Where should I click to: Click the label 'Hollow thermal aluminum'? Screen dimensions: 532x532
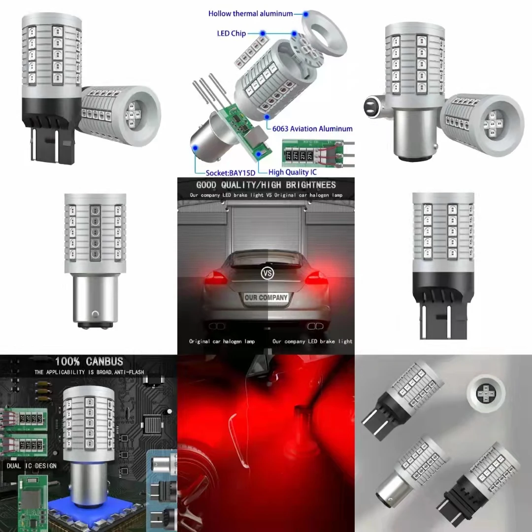pos(250,14)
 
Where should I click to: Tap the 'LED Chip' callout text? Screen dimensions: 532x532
pos(231,34)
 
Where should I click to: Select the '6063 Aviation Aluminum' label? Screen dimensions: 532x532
pos(312,129)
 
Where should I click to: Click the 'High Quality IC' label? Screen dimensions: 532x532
pos(293,172)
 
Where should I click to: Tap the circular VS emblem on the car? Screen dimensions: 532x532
pos(266,272)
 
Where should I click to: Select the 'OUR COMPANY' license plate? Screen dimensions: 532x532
pos(266,298)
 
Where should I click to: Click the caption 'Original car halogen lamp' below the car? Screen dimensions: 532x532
pos(222,341)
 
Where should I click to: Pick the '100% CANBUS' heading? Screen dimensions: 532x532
pos(89,362)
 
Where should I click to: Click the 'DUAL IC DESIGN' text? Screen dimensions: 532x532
pos(32,465)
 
